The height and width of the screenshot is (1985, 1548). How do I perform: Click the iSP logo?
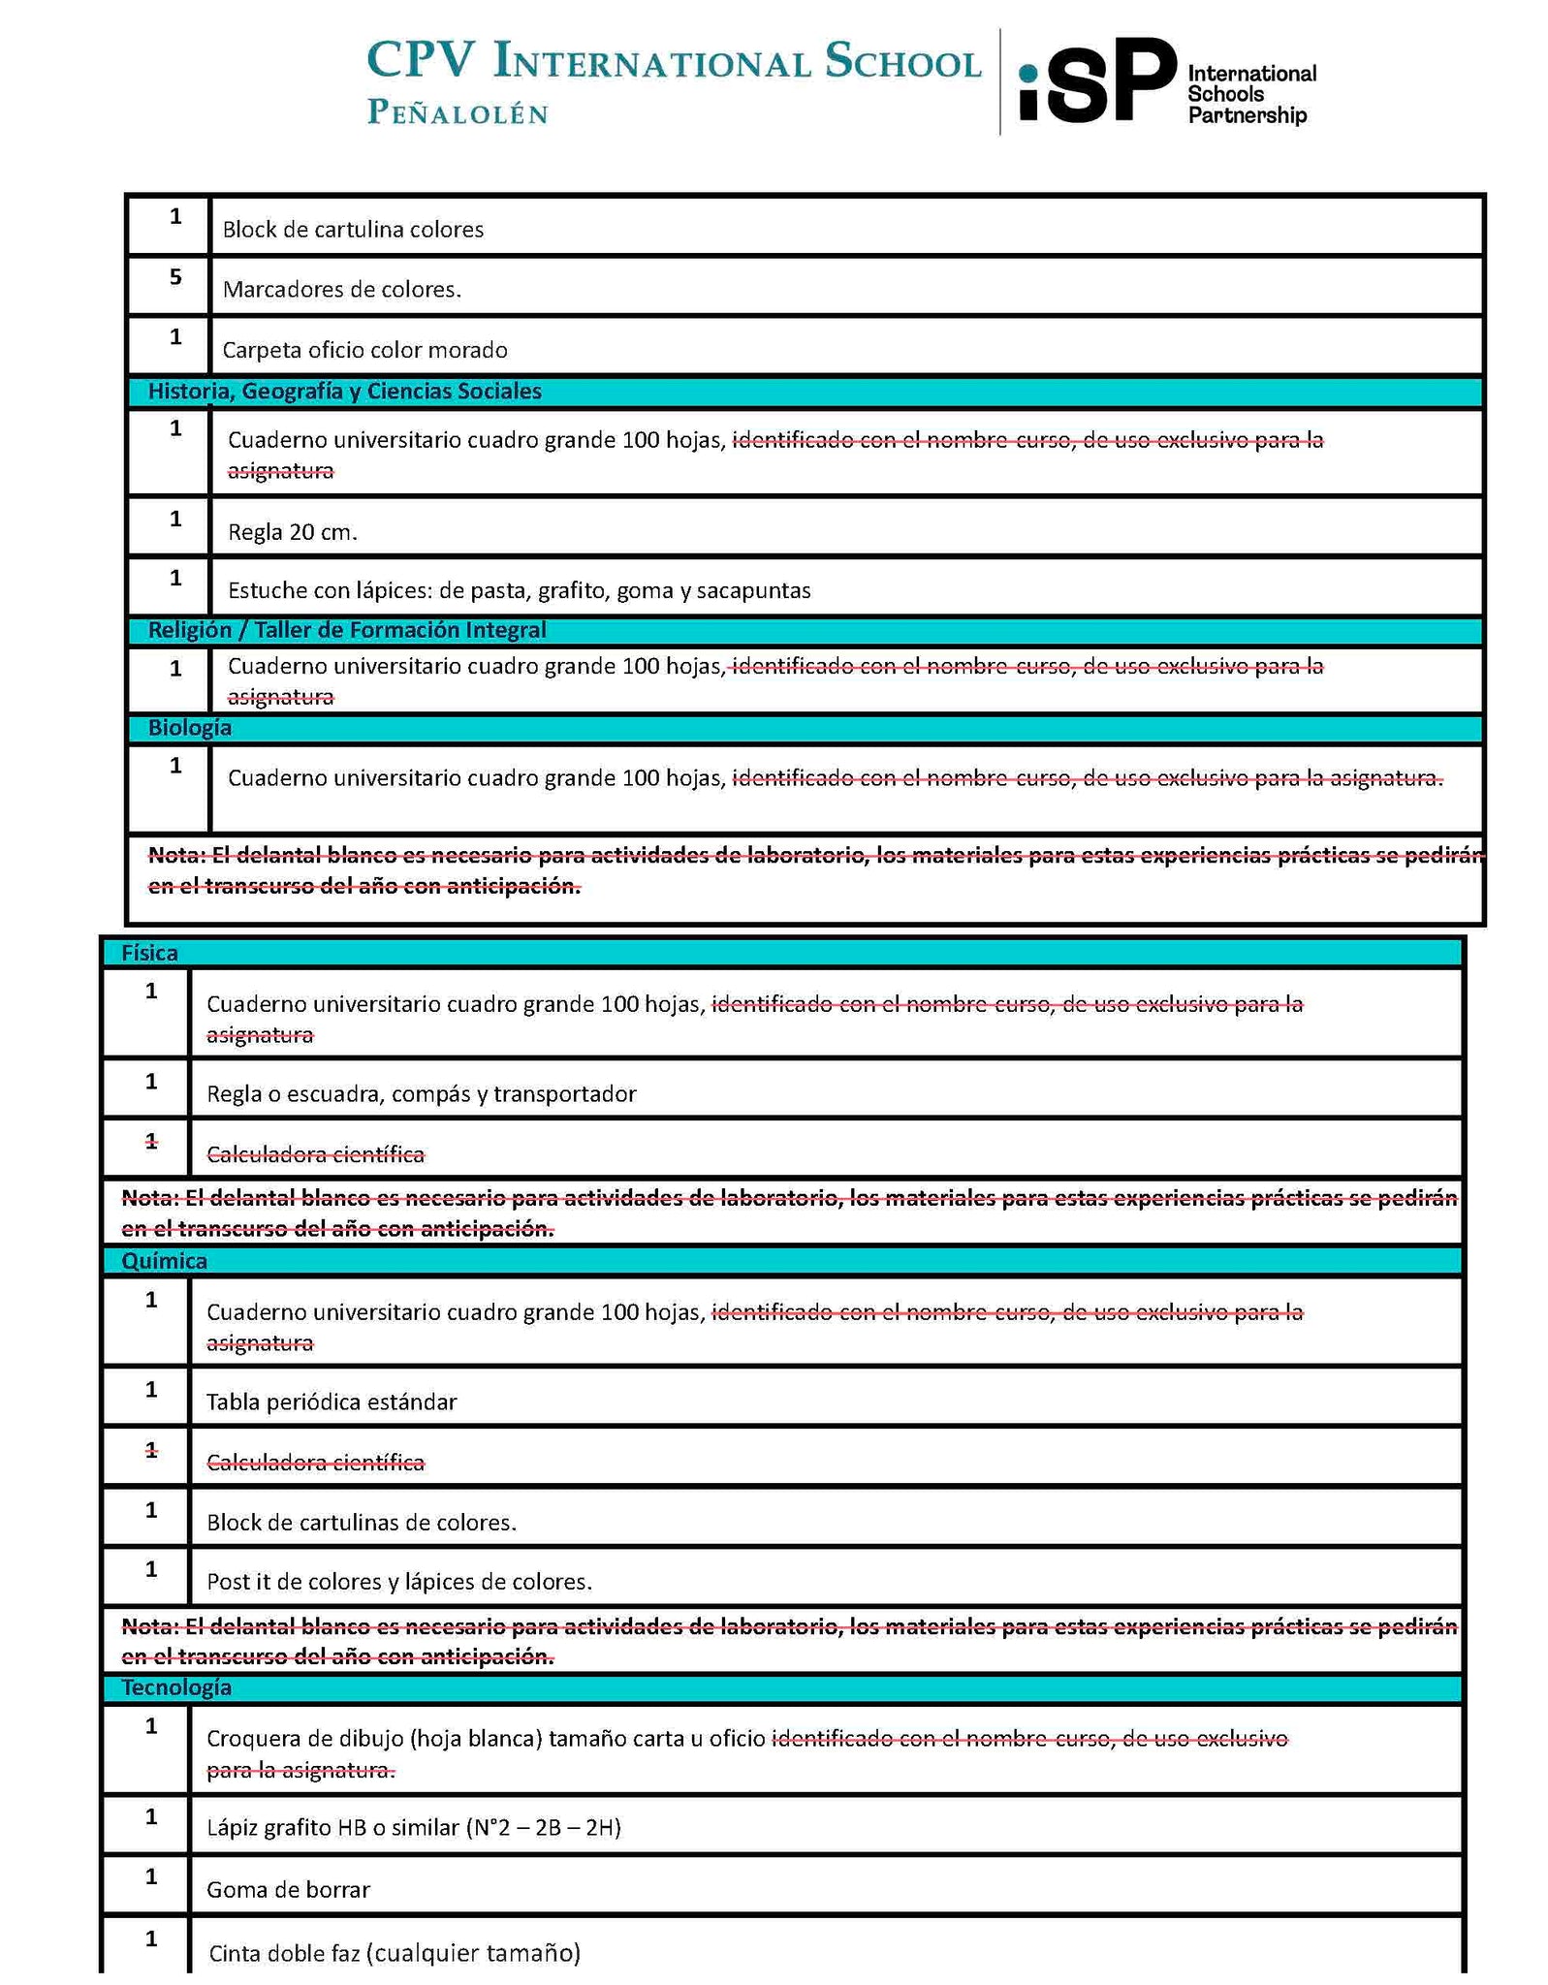(1096, 81)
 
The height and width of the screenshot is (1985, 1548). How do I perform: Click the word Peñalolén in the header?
(458, 113)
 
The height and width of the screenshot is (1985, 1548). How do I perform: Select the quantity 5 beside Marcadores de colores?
(175, 277)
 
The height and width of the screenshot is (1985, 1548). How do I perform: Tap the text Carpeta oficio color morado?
(364, 350)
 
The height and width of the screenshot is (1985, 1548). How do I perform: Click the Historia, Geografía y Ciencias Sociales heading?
(344, 392)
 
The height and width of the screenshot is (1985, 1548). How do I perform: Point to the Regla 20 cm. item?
(293, 531)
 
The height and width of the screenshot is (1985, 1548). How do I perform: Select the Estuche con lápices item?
(519, 590)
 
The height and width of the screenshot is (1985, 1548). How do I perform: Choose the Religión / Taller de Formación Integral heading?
(346, 630)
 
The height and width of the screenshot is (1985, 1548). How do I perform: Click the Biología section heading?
(189, 728)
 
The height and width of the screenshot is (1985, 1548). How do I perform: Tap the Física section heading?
(149, 953)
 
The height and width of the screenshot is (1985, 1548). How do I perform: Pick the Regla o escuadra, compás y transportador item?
(421, 1093)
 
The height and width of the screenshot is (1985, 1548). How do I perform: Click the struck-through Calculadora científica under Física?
(315, 1153)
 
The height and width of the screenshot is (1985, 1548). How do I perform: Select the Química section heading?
(164, 1260)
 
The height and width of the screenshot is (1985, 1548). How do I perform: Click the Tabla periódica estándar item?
(331, 1402)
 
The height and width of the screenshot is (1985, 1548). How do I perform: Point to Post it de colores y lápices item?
(398, 1582)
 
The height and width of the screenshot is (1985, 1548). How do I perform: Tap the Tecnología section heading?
(175, 1687)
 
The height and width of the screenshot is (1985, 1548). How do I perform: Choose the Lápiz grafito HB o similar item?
(413, 1827)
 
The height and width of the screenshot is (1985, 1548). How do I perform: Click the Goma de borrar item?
(288, 1889)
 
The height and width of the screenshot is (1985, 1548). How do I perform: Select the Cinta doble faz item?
(394, 1952)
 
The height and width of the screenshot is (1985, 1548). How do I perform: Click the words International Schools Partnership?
(1250, 94)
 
